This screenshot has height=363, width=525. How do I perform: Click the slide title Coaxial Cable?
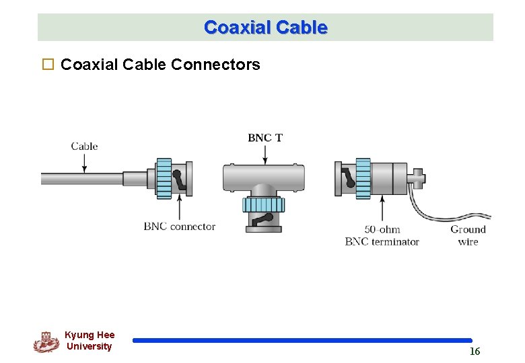pos(265,28)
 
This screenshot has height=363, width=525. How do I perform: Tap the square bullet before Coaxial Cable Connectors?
pos(47,65)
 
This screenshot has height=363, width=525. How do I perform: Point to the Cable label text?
pos(84,146)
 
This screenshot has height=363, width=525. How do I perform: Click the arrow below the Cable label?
pos(84,163)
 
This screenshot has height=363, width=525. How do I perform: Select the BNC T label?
pos(265,138)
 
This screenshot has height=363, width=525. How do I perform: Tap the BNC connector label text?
pos(179,227)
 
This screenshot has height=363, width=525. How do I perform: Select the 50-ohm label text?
pos(382,230)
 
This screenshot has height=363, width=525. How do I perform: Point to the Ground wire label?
pos(468,235)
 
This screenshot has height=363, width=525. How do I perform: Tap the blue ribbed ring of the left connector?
pos(164,178)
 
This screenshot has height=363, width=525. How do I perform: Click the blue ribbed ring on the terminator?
pos(363,178)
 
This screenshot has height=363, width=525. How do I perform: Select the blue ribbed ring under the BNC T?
pos(263,205)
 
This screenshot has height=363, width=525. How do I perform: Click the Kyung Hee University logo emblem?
pos(46,342)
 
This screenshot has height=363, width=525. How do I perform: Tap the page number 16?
pos(475,352)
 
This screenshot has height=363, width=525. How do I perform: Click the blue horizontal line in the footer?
pos(302,341)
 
